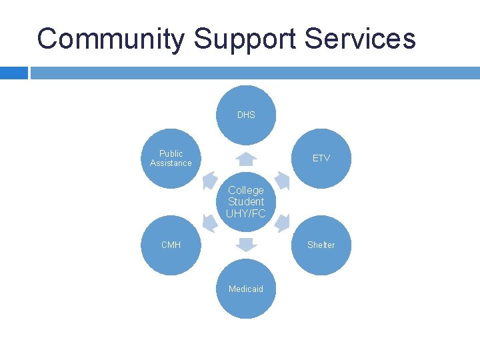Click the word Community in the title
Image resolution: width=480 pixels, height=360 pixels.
pyautogui.click(x=111, y=39)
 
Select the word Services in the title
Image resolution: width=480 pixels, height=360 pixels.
pyautogui.click(x=360, y=39)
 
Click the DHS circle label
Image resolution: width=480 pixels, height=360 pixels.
pyautogui.click(x=246, y=115)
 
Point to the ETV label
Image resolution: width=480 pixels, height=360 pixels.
pyautogui.click(x=321, y=158)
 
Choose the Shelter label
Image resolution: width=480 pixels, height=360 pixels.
pyautogui.click(x=321, y=245)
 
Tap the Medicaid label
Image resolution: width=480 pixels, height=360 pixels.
pyautogui.click(x=246, y=289)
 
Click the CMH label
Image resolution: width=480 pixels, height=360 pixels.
pyautogui.click(x=171, y=245)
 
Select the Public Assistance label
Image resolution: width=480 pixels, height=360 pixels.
pyautogui.click(x=171, y=158)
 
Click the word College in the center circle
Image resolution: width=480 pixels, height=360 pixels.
pyautogui.click(x=246, y=190)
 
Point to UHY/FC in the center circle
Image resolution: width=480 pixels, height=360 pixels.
pyautogui.click(x=246, y=213)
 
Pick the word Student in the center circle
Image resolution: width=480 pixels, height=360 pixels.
pyautogui.click(x=246, y=201)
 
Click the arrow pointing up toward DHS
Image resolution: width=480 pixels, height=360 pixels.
pyautogui.click(x=246, y=159)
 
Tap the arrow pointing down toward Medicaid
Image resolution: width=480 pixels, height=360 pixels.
pyautogui.click(x=246, y=244)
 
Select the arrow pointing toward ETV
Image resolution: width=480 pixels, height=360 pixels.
pyautogui.click(x=282, y=181)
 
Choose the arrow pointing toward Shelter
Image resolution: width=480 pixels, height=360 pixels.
pyautogui.click(x=282, y=223)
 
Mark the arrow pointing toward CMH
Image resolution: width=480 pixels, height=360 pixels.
pyautogui.click(x=210, y=223)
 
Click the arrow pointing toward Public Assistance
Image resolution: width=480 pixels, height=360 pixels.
pyautogui.click(x=210, y=181)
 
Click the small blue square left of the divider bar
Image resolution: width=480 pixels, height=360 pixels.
pyautogui.click(x=13, y=73)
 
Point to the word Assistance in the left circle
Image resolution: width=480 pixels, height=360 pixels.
pyautogui.click(x=171, y=163)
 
